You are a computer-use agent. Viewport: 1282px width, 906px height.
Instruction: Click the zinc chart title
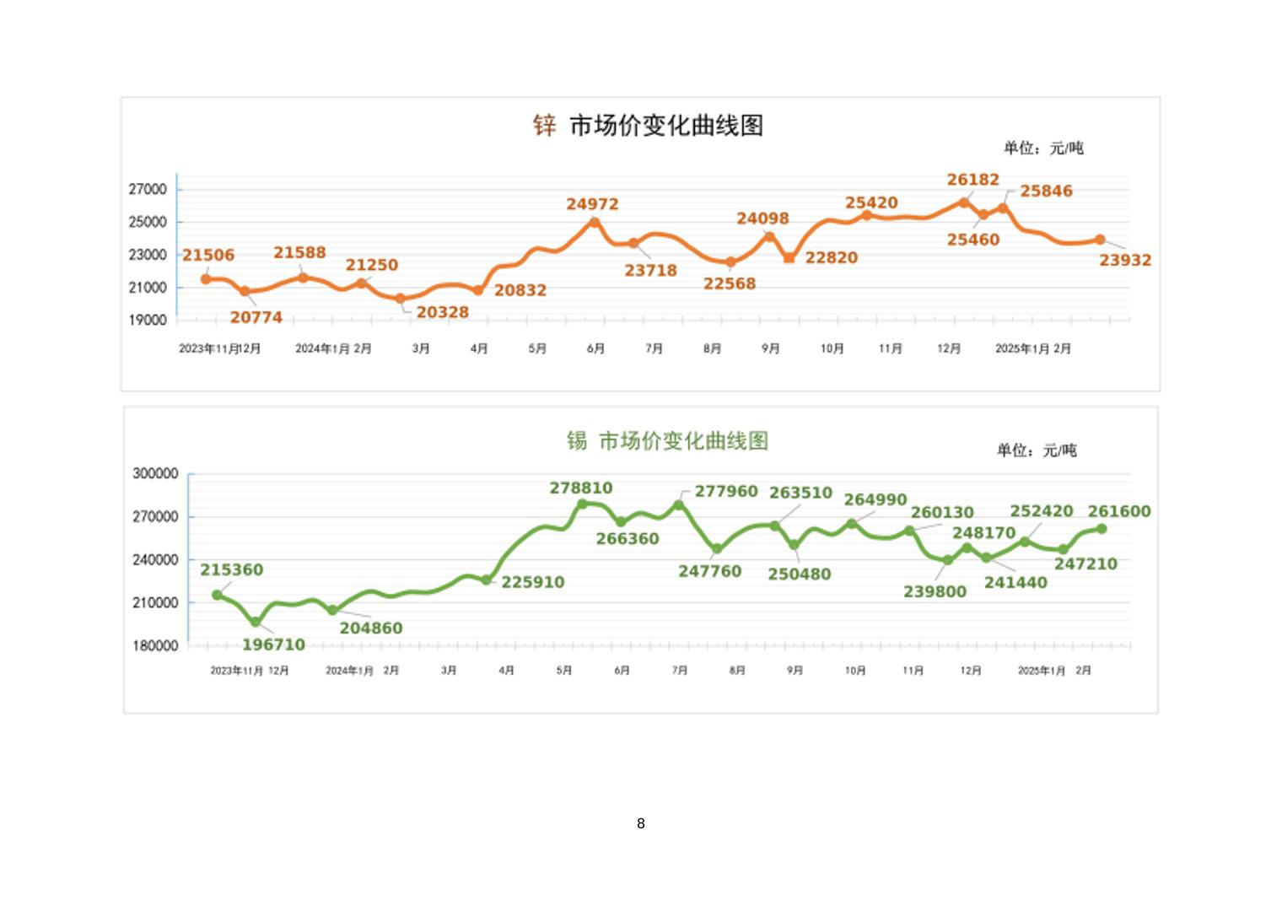648,126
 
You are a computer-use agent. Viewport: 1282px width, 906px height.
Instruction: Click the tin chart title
667,440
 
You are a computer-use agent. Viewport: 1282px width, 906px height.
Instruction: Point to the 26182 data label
972,180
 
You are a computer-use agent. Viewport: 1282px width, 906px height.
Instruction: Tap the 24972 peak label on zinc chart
592,204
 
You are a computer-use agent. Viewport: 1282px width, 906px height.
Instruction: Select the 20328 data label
442,312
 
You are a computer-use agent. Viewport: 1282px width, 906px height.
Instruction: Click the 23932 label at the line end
1124,260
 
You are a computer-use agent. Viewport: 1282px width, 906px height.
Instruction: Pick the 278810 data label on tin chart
581,488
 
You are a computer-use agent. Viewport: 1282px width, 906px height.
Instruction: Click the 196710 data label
273,644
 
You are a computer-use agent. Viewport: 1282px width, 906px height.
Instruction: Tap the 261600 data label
1119,511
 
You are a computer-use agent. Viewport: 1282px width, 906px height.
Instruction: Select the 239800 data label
935,591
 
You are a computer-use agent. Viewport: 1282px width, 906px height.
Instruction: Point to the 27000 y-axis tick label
148,189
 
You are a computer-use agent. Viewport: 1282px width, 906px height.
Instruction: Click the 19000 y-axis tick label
148,321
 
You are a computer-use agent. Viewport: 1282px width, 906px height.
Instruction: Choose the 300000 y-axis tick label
155,474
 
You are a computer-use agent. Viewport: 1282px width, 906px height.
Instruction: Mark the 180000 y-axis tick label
155,645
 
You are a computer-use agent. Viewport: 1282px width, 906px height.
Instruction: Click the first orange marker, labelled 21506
206,279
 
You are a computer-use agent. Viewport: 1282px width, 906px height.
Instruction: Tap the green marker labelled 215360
218,595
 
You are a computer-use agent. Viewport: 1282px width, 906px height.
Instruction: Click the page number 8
641,823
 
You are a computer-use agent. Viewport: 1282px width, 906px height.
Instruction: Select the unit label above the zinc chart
1043,148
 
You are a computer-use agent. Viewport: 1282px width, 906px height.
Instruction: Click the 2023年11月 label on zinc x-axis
209,348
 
